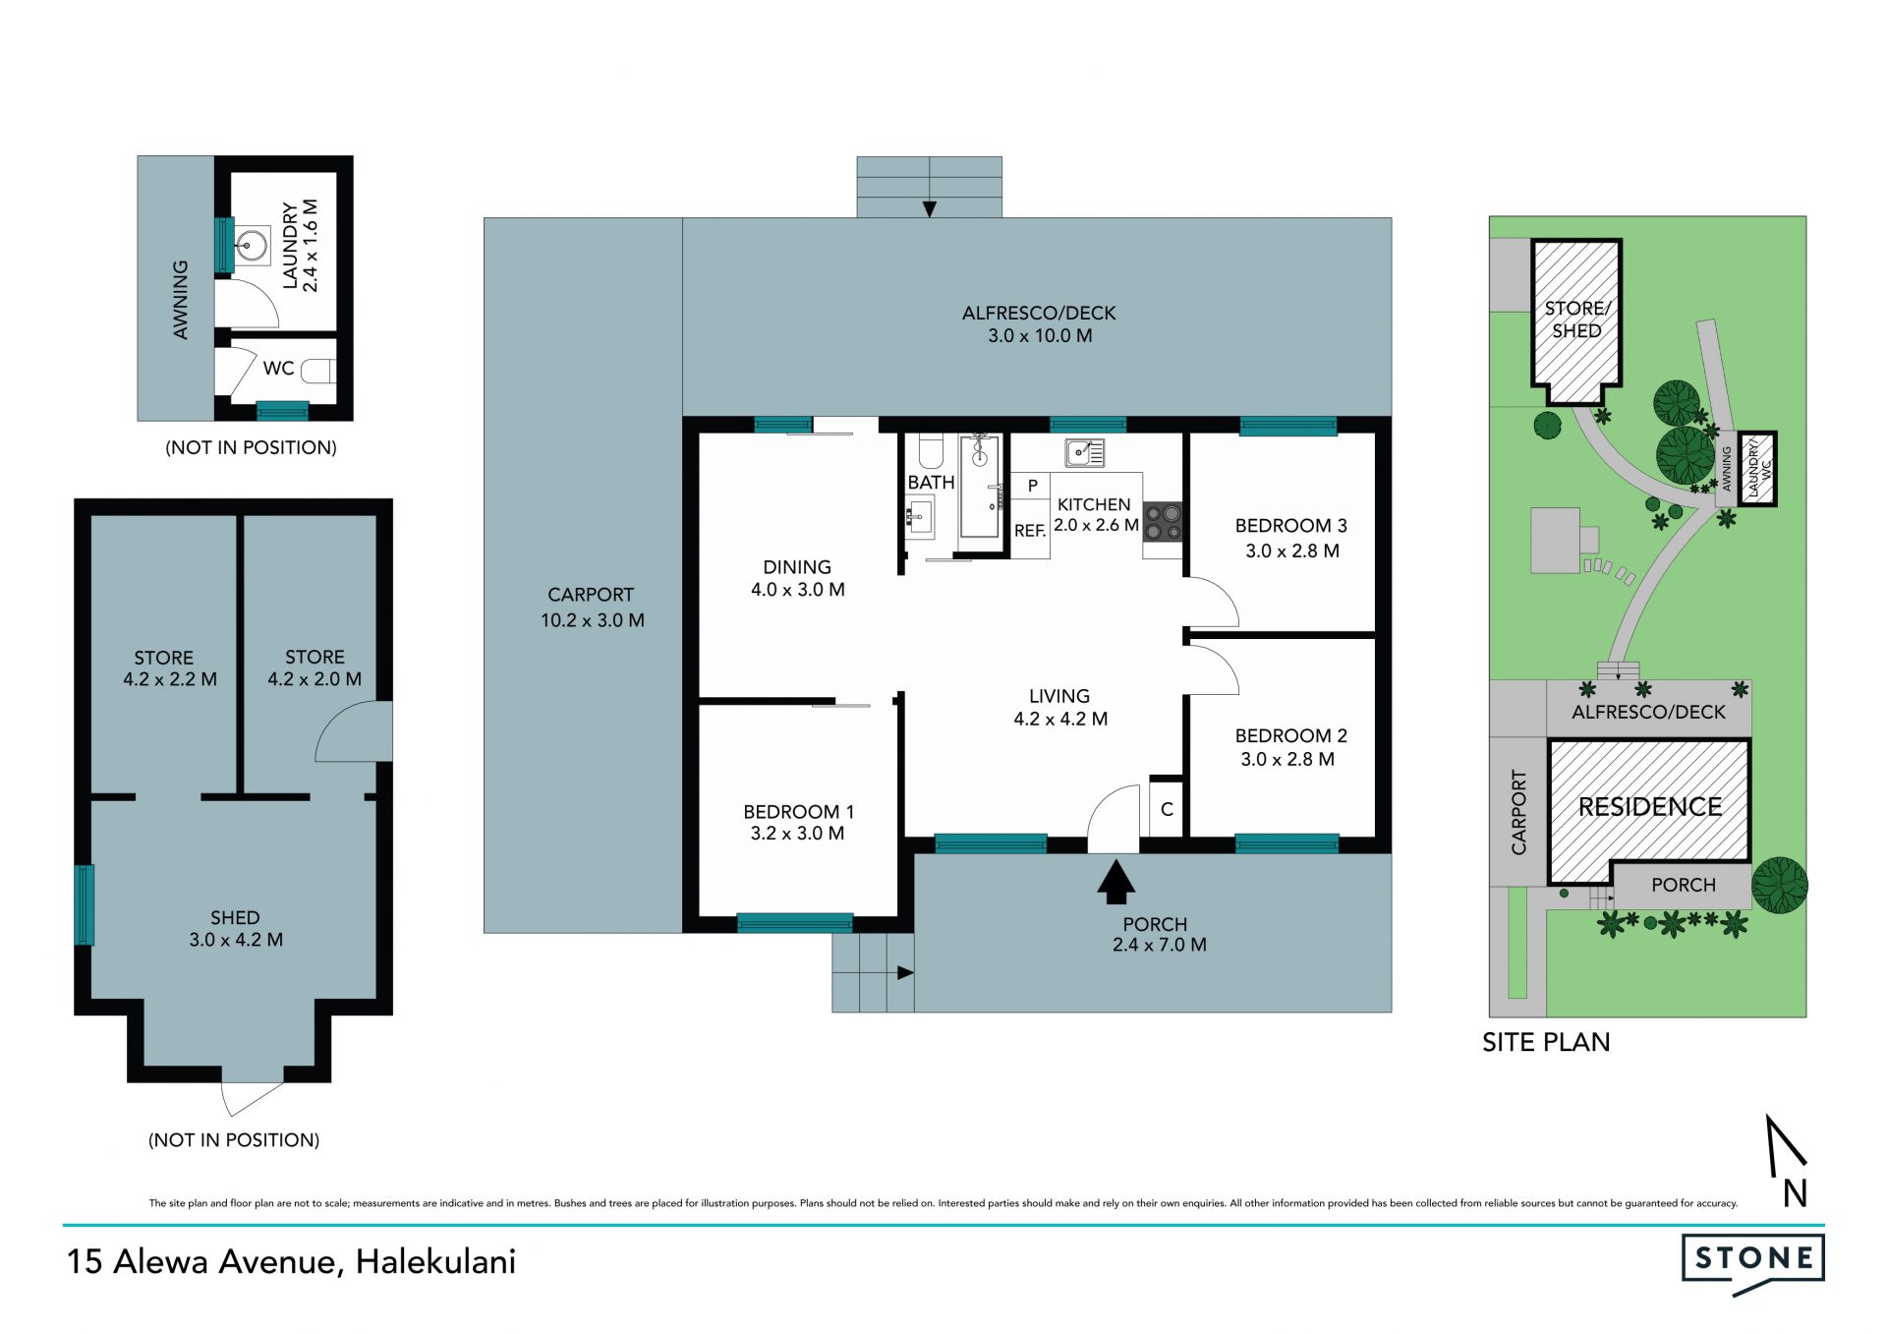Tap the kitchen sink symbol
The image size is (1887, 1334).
(x=1085, y=452)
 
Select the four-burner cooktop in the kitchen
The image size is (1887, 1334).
(x=1162, y=522)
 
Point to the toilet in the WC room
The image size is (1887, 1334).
(x=318, y=371)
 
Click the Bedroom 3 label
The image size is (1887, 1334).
(x=1290, y=526)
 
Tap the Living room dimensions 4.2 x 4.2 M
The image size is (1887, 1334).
(x=1060, y=719)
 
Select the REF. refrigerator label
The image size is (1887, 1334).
(x=1030, y=531)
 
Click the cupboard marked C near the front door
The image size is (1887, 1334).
(x=1167, y=809)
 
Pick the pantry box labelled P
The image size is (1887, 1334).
(x=1032, y=486)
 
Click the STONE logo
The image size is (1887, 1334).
(x=1753, y=1263)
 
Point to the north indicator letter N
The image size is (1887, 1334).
(x=1796, y=1193)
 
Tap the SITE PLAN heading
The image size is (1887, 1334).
(x=1546, y=1042)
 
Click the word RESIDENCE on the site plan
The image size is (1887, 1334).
(x=1650, y=807)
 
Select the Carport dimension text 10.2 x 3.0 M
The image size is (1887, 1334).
(x=593, y=620)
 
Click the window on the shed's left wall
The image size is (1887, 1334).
(x=85, y=904)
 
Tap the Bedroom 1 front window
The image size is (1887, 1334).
(x=795, y=922)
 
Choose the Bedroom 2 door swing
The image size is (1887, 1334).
(x=1213, y=668)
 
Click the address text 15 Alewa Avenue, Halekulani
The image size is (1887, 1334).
(x=291, y=1262)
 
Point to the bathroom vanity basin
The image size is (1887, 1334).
(x=920, y=516)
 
